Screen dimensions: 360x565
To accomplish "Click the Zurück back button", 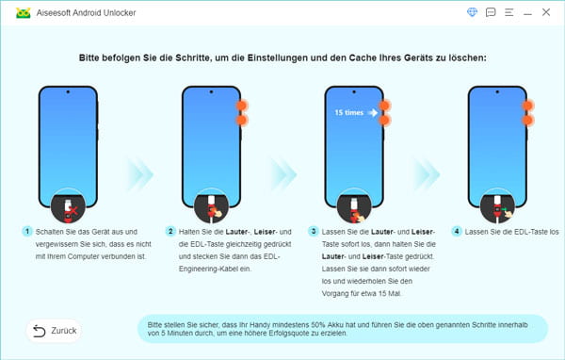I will pyautogui.click(x=54, y=331).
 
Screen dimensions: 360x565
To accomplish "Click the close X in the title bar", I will pyautogui.click(x=547, y=13).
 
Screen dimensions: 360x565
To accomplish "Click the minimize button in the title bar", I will pyautogui.click(x=528, y=13).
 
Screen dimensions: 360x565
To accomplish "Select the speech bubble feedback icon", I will pyautogui.click(x=490, y=13).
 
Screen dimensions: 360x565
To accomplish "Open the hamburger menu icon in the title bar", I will pyautogui.click(x=509, y=13).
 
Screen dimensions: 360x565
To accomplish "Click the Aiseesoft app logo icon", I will pyautogui.click(x=15, y=13).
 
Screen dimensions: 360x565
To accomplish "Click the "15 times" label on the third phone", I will pyautogui.click(x=348, y=114).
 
